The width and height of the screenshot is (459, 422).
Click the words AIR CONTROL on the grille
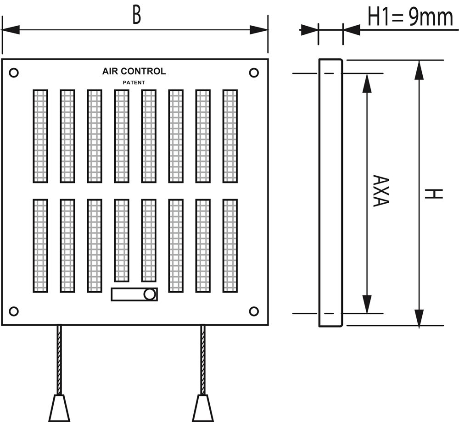coord(134,71)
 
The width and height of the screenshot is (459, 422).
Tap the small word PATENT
coord(134,83)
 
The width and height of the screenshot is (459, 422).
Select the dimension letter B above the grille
coord(136,15)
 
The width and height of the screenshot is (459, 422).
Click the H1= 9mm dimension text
coord(410,17)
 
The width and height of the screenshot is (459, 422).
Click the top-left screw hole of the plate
coord(14,72)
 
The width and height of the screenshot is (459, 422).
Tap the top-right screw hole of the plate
coord(254,72)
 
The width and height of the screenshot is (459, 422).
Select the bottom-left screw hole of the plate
coord(14,311)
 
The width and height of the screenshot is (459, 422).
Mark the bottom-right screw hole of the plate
coord(254,311)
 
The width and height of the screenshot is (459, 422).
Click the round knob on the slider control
coord(149,294)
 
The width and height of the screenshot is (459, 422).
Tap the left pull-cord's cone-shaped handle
coord(59,408)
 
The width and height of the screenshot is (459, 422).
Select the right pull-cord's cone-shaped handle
coord(203,408)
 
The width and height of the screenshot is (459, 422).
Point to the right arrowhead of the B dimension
coord(259,30)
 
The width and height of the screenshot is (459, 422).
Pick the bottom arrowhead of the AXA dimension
coord(367,304)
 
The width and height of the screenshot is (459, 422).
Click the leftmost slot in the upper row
coord(40,136)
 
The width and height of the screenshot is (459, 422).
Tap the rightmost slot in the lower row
coord(230,245)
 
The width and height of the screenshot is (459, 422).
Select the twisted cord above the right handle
coord(203,358)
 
